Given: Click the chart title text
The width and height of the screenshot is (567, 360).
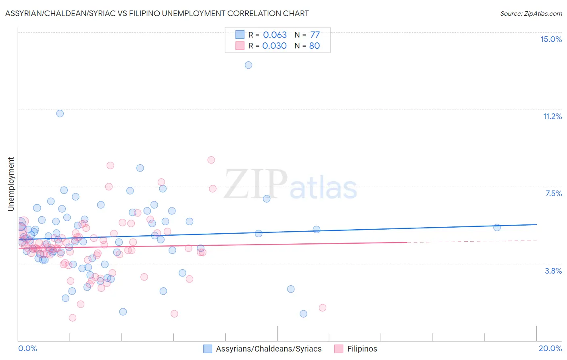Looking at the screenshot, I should (x=157, y=13).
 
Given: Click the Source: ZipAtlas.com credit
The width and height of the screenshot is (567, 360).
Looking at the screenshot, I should (x=531, y=13).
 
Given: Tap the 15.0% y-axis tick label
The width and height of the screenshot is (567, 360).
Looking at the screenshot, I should (x=551, y=39).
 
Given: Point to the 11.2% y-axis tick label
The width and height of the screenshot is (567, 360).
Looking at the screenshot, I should (x=552, y=116).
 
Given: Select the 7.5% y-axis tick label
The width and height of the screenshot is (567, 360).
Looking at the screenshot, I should (x=553, y=193).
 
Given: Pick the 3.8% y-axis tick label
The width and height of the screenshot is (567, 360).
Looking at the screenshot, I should (x=553, y=271).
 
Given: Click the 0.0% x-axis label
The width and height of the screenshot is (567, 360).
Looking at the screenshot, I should (x=27, y=348).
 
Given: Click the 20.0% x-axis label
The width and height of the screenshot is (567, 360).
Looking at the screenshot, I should (x=550, y=348).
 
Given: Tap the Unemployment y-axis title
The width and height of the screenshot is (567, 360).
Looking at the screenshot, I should (x=11, y=184).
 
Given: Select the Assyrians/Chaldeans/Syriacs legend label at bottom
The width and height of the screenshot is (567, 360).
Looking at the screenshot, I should (x=269, y=349).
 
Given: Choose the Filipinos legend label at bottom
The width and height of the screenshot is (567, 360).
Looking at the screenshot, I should (x=362, y=349).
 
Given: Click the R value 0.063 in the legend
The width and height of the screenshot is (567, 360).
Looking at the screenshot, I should (x=275, y=35).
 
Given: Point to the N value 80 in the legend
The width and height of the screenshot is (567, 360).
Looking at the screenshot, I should (x=314, y=46).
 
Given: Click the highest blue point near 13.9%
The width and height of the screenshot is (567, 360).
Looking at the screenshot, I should (x=248, y=65).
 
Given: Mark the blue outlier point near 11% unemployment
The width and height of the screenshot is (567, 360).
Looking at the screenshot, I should (x=60, y=113).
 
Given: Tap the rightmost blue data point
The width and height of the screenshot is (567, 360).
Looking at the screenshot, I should (x=497, y=227).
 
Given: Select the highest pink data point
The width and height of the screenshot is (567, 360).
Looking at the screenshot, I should (x=211, y=160).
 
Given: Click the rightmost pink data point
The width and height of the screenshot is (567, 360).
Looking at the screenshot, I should (x=322, y=308).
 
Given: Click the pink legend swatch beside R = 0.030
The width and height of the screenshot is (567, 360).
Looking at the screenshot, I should (x=240, y=46).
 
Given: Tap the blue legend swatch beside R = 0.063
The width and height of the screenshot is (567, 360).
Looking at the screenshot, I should (x=240, y=35).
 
